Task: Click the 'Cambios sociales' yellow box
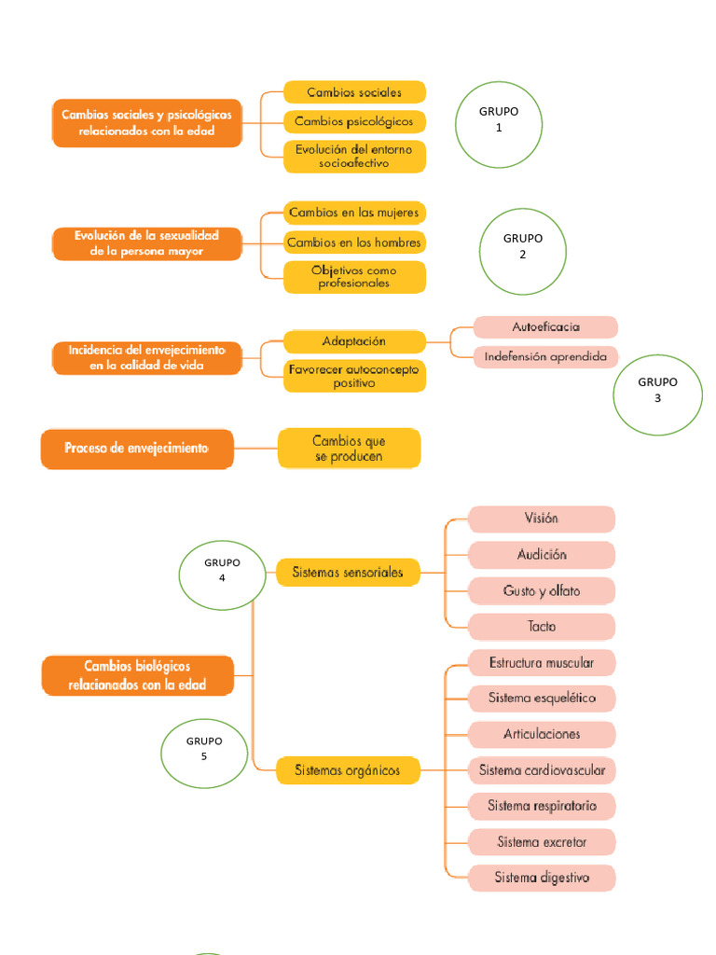(354, 92)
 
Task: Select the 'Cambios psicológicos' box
(354, 121)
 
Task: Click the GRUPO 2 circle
(523, 245)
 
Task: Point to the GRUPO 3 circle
(657, 390)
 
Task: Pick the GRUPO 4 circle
(222, 570)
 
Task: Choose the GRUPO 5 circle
(204, 749)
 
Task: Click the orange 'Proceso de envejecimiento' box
(136, 449)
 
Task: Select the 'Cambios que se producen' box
(349, 449)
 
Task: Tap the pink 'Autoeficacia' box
(545, 327)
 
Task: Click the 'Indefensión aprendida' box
(545, 356)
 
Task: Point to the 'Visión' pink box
(541, 519)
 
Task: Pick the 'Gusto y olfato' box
(541, 591)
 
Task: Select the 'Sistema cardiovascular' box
(542, 770)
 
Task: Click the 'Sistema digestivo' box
(542, 878)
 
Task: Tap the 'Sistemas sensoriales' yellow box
(348, 573)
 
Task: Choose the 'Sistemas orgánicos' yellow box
(348, 770)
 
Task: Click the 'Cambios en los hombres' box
(354, 242)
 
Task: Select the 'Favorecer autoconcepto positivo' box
(354, 376)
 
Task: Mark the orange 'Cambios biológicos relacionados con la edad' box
(137, 676)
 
